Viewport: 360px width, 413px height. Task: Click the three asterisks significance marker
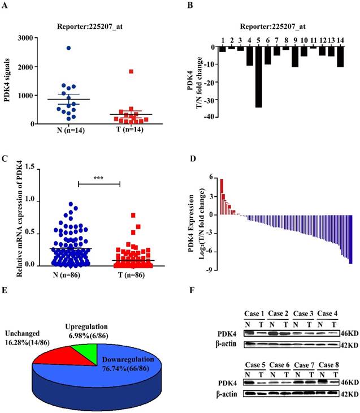tap(98, 177)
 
